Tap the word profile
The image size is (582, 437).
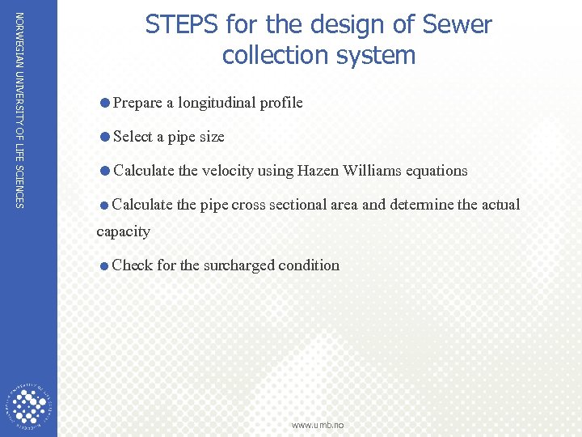[280, 103]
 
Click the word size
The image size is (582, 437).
[211, 138]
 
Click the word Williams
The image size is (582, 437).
[372, 171]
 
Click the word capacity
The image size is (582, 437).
[123, 231]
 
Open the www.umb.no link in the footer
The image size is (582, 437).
[318, 425]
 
